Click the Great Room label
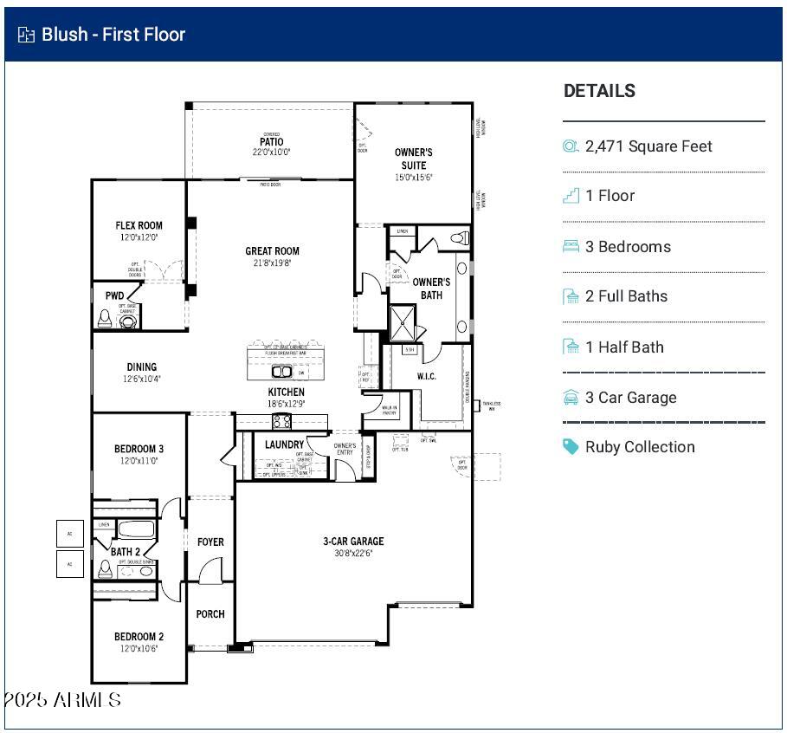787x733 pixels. tap(272, 251)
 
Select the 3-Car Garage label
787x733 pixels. tap(353, 542)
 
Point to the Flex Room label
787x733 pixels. tap(139, 226)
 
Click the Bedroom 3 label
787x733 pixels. tap(139, 449)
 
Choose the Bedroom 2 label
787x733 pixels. tap(139, 637)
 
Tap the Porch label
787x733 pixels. tap(210, 614)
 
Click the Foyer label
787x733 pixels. tap(210, 542)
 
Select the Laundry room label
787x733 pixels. tap(284, 444)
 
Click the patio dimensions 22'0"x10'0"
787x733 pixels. tap(271, 152)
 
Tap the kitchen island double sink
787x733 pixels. tap(282, 372)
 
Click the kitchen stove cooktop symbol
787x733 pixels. tap(282, 421)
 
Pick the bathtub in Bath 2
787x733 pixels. tap(136, 529)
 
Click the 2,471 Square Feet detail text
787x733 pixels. tap(648, 146)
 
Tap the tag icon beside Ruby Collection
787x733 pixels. tap(571, 447)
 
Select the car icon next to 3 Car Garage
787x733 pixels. tap(571, 398)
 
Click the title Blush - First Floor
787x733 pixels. tap(113, 35)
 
